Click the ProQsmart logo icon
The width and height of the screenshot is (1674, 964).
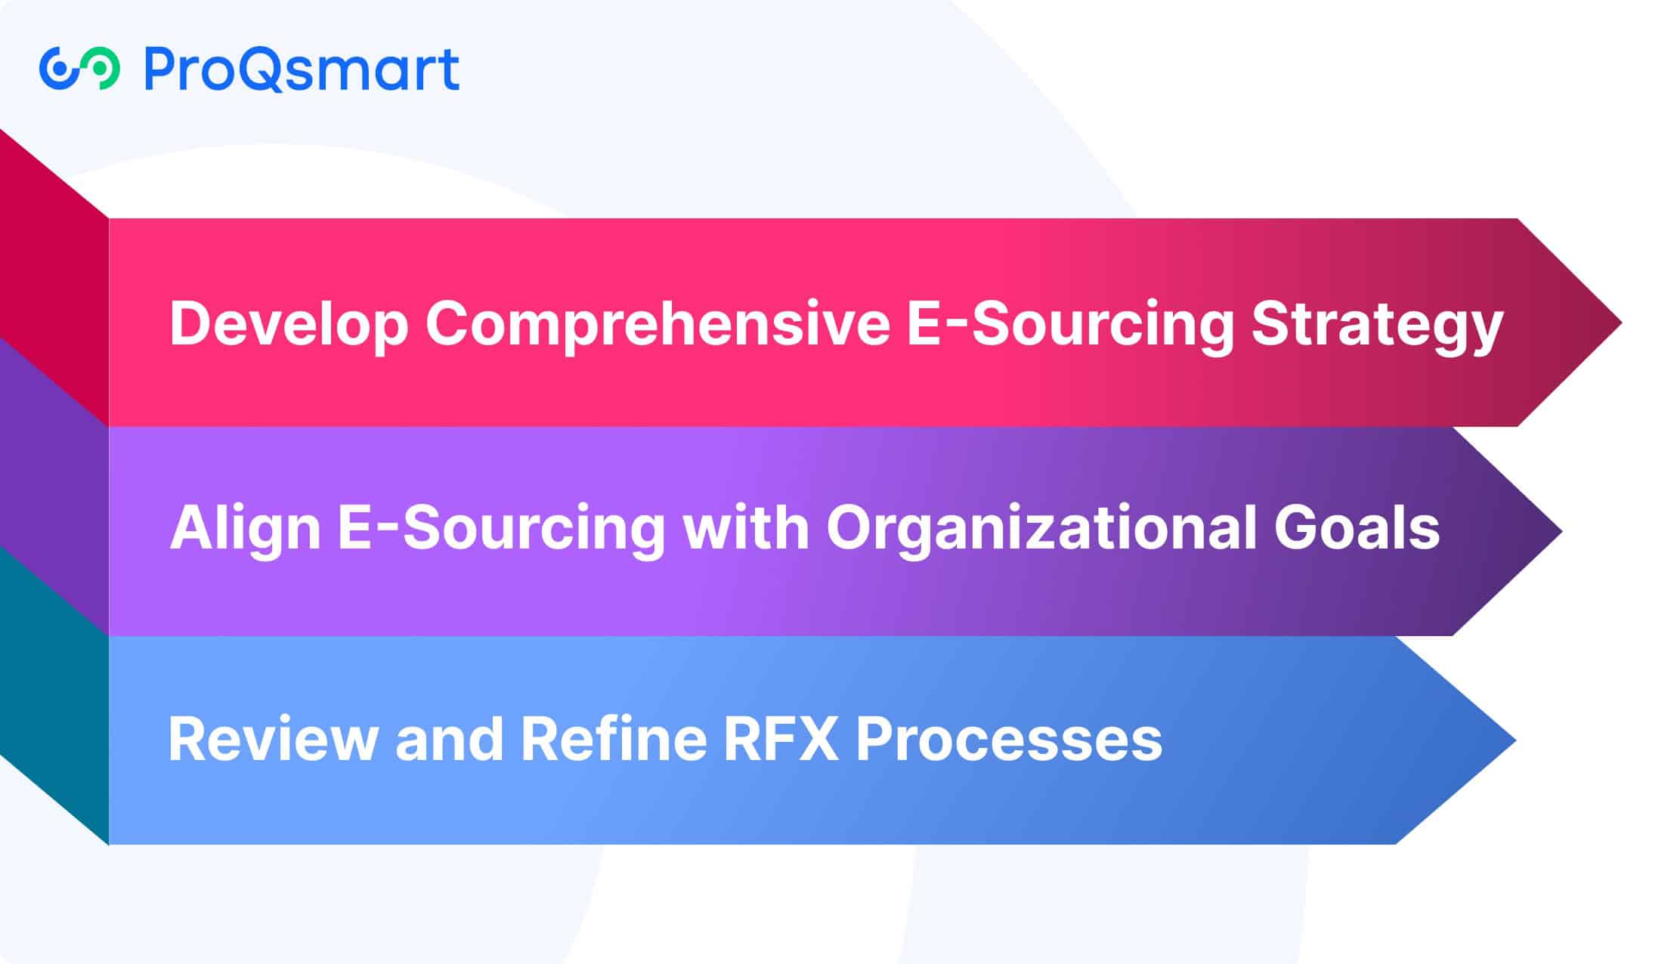79,68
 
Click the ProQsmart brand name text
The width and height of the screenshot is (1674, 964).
302,69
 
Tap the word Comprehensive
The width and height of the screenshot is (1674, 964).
657,323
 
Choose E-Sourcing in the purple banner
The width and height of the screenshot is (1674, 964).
501,529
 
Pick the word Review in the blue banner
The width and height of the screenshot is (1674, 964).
274,738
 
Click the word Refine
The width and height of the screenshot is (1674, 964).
614,737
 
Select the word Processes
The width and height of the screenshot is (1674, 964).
1009,738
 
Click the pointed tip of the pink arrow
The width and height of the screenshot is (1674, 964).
1620,323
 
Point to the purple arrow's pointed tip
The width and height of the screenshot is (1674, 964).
1561,531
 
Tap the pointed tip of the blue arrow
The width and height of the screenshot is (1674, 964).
1515,740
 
